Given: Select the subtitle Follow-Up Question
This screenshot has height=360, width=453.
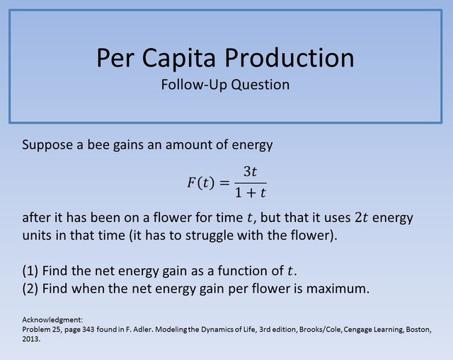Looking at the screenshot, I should pyautogui.click(x=225, y=85).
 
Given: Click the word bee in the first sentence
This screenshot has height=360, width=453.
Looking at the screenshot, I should pyautogui.click(x=100, y=145).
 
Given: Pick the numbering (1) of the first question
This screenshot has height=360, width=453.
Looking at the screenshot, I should pyautogui.click(x=31, y=270).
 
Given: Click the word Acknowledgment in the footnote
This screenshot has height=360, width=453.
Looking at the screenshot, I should pyautogui.click(x=47, y=320).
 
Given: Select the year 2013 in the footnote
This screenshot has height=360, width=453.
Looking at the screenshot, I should pyautogui.click(x=31, y=339).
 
